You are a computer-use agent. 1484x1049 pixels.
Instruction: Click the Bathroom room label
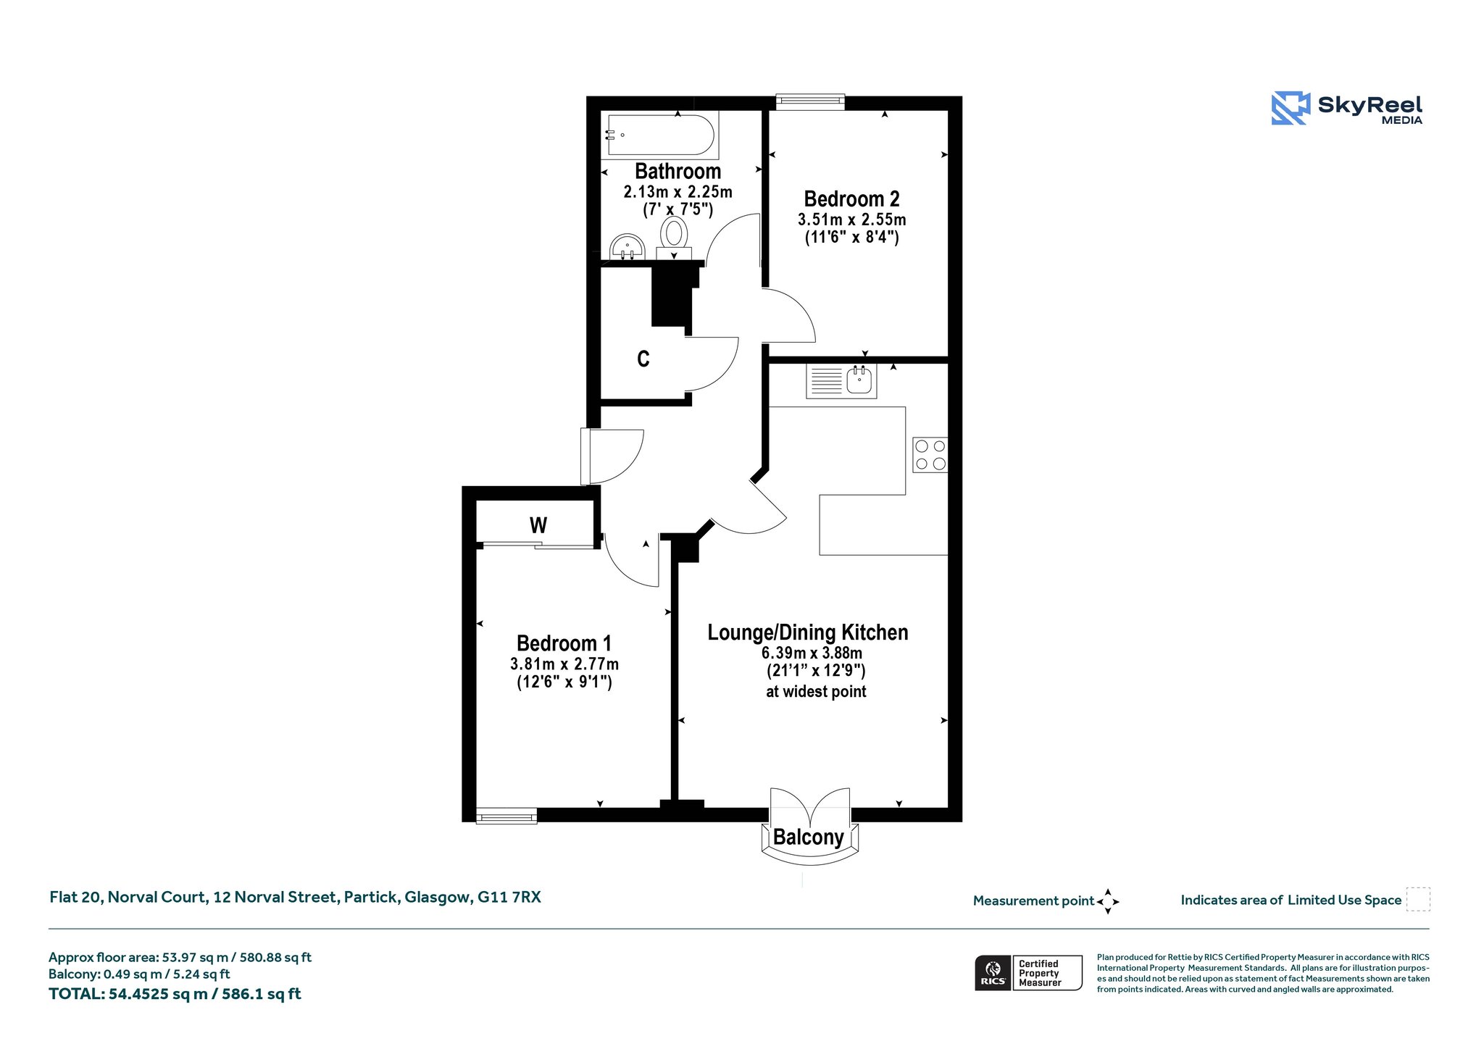point(678,172)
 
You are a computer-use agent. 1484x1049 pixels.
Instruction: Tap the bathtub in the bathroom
point(660,135)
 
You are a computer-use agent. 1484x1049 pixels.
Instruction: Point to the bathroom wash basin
point(627,246)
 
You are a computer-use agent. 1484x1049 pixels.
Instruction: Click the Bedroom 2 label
point(851,199)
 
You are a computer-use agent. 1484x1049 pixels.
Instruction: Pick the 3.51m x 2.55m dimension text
point(851,220)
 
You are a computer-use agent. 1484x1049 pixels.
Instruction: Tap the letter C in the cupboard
point(643,359)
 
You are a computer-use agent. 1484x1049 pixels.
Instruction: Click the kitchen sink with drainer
point(841,381)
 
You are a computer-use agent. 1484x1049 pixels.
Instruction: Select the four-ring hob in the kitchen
point(930,455)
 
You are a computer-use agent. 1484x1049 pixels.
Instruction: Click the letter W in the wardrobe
point(538,525)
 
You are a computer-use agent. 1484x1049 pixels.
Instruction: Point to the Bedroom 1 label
point(564,643)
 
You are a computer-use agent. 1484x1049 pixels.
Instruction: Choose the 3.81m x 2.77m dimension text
point(564,664)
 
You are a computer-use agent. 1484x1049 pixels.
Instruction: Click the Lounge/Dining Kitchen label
point(807,632)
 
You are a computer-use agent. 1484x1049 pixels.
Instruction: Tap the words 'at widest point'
point(816,692)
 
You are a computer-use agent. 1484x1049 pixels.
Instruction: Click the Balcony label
point(808,837)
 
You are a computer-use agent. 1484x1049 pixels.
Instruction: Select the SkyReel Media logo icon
point(1291,108)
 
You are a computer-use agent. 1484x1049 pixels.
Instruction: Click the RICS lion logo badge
point(993,973)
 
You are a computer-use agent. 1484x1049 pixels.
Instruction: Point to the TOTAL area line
point(175,994)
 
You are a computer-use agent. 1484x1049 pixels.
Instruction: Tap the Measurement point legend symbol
point(1107,901)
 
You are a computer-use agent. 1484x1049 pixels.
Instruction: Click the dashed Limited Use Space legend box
point(1418,899)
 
